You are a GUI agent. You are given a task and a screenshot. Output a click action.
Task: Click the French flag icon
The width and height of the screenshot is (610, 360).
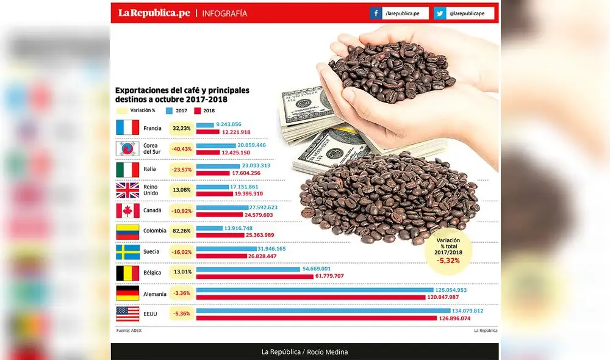(x=127, y=128)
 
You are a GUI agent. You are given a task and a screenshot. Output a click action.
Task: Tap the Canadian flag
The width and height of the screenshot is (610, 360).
(x=127, y=211)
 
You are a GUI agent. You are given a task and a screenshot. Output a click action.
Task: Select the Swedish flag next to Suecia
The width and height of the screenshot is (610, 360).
(x=127, y=252)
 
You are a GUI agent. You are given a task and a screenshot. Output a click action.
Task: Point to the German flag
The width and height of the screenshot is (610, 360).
(x=127, y=293)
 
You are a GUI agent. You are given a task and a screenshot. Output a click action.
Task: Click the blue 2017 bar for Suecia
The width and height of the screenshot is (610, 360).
(x=226, y=248)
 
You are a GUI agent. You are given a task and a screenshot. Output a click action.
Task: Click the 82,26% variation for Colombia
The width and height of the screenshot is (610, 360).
(x=182, y=231)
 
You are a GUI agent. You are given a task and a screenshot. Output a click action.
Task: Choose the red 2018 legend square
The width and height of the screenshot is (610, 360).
(x=197, y=110)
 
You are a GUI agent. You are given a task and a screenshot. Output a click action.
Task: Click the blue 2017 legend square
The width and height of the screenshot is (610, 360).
(x=170, y=110)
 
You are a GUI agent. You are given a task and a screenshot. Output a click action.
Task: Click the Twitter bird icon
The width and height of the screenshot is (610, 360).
(x=440, y=13)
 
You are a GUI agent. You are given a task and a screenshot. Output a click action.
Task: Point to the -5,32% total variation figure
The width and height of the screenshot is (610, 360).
(x=448, y=261)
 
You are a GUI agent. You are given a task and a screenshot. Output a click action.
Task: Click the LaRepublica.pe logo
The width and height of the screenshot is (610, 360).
(x=154, y=13)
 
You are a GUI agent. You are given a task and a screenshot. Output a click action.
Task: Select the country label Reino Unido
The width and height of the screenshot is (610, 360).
(x=151, y=190)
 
